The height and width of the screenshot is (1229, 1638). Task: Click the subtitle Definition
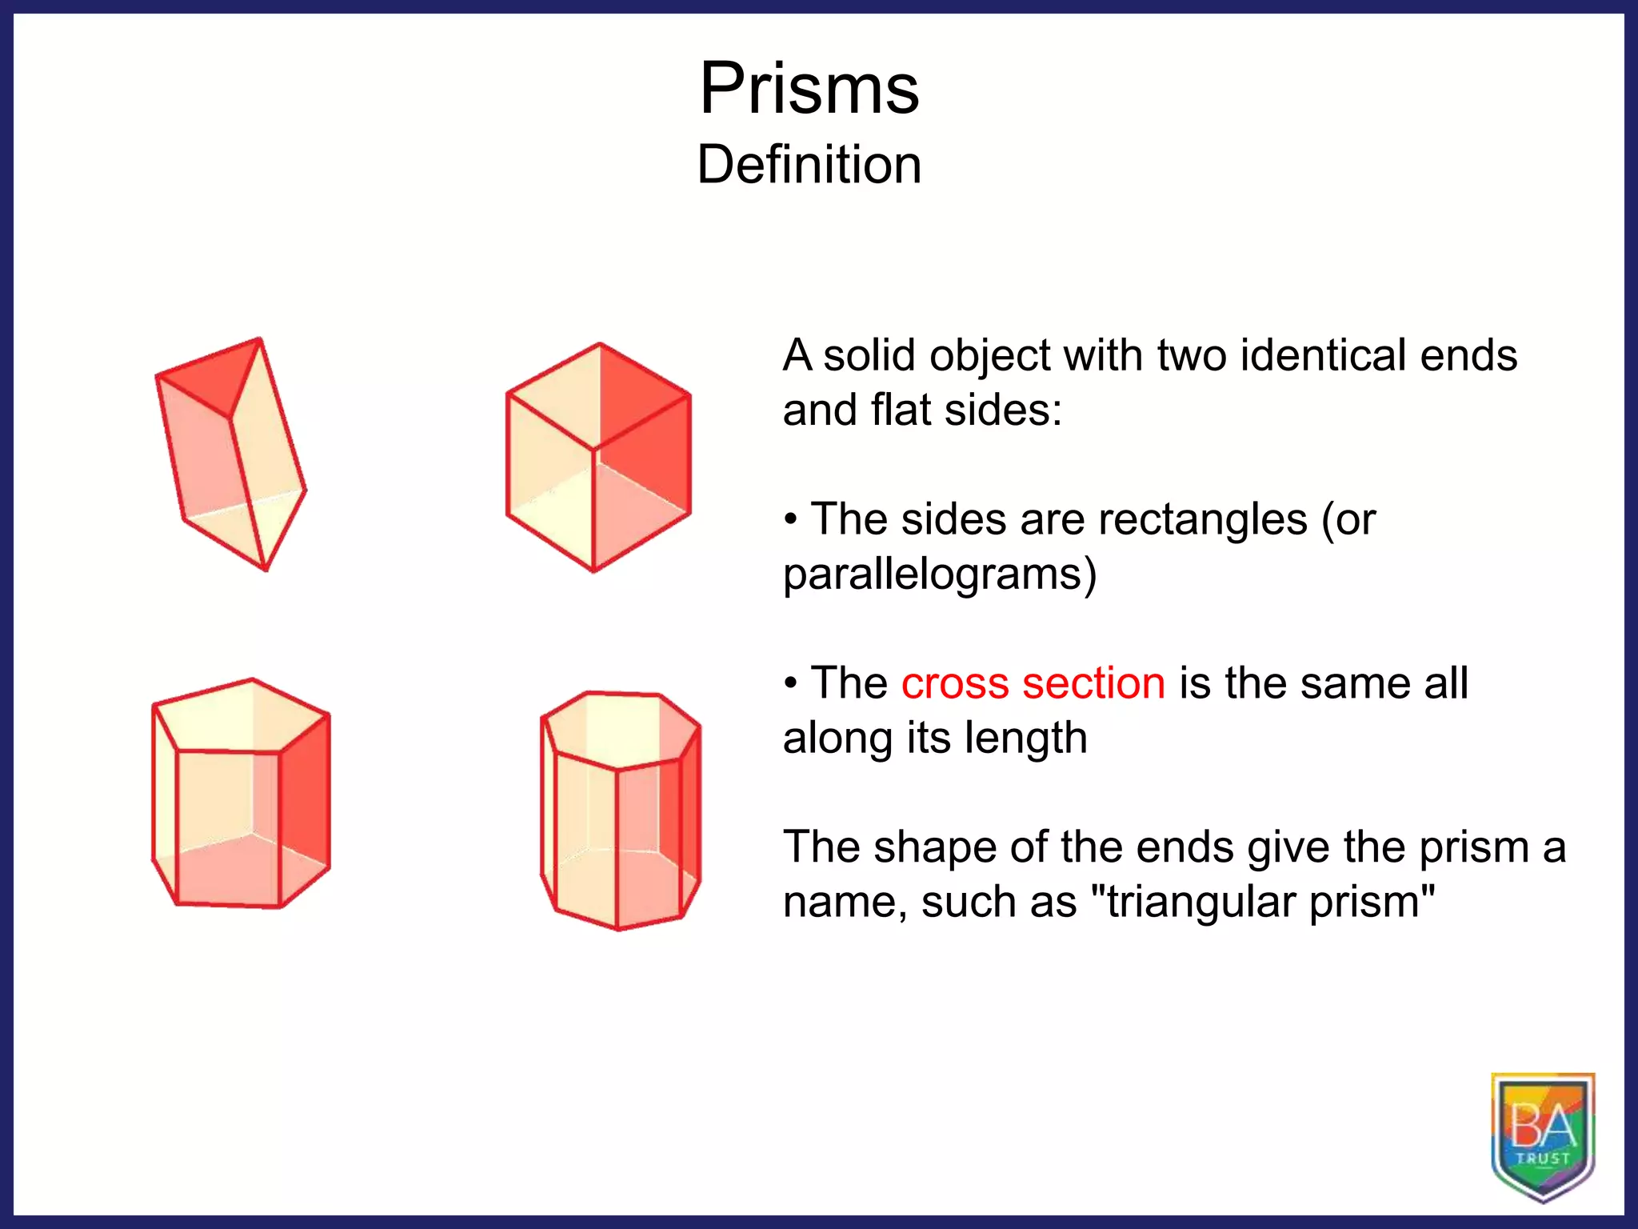click(x=809, y=165)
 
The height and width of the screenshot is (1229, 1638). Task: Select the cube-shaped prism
click(x=597, y=458)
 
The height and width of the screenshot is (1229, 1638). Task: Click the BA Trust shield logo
click(x=1543, y=1136)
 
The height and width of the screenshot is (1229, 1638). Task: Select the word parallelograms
click(x=939, y=574)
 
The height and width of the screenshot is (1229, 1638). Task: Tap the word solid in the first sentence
click(x=869, y=355)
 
